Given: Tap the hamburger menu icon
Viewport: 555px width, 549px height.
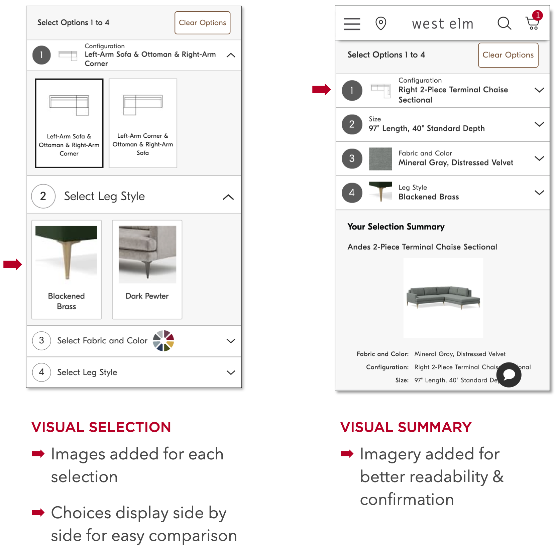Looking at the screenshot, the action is [x=352, y=24].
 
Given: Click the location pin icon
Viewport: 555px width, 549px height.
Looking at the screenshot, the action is [x=381, y=23].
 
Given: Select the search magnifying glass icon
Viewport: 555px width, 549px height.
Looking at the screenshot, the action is [x=504, y=23].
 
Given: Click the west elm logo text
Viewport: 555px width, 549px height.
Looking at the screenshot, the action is [x=443, y=24].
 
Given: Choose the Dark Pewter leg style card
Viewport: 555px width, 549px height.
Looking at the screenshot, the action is [x=147, y=269].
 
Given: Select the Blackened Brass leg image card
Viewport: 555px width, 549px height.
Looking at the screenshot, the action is [x=67, y=269].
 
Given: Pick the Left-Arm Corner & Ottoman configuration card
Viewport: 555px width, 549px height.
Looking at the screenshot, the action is [x=143, y=123].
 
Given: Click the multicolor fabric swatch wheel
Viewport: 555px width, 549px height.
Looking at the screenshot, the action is [x=163, y=341].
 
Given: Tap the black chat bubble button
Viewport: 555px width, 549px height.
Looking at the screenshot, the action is [x=509, y=375].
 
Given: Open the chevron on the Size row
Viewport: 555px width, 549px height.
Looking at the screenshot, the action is [x=539, y=124].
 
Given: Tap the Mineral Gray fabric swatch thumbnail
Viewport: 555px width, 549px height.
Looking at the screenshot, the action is [x=380, y=159].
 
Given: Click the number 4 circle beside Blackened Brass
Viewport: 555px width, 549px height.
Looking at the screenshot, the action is [x=352, y=193].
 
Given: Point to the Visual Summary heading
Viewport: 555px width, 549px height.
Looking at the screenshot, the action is [x=406, y=427].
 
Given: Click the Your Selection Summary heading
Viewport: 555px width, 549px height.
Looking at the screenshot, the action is [x=396, y=227].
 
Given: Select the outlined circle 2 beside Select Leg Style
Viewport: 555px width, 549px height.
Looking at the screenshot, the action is [x=43, y=196].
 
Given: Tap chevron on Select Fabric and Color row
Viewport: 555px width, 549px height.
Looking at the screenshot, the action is [x=231, y=341].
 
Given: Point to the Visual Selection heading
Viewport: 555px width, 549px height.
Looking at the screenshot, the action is [x=101, y=427].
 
